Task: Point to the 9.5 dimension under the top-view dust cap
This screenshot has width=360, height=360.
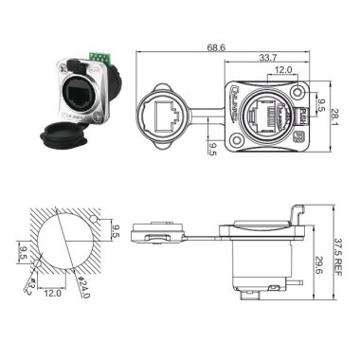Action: point(212,148)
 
